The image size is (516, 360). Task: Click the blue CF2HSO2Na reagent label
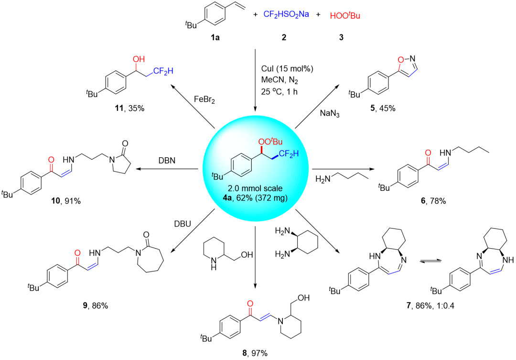(x=286, y=15)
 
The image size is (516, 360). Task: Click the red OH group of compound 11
(x=138, y=60)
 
